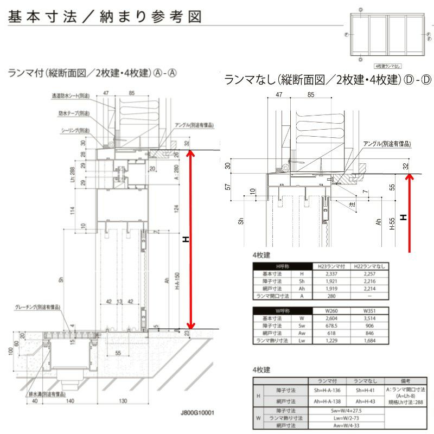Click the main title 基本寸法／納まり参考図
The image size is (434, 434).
tap(105, 17)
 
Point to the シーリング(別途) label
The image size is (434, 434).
tap(75, 131)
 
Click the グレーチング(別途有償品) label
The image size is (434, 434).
tap(37, 307)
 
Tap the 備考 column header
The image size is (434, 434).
tap(406, 381)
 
